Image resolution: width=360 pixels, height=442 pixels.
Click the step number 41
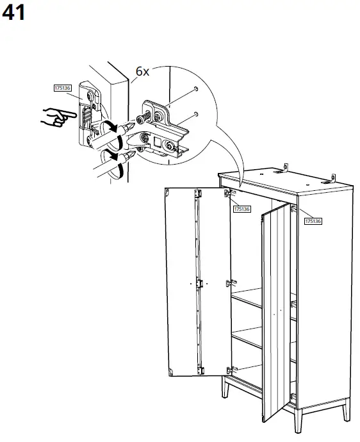coord(13,13)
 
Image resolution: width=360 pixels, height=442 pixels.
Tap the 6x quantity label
coord(142,71)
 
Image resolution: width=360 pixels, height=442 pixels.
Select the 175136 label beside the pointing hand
coord(62,88)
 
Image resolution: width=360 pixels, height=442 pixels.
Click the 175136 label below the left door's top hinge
coord(242,209)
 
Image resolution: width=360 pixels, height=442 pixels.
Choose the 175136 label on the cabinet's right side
coord(313,221)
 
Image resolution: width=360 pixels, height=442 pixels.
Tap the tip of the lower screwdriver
coord(134,153)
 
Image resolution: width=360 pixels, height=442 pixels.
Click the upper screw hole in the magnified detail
coord(196,89)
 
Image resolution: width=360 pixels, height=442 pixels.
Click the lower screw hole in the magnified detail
coord(196,114)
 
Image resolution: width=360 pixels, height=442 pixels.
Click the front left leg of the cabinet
coord(225,388)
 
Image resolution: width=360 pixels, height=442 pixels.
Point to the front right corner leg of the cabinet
coord(297,420)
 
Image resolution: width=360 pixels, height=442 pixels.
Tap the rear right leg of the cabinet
coord(346,409)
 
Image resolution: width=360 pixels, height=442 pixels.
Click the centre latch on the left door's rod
coord(200,283)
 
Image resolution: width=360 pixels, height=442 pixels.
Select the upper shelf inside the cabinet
coord(247,297)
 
